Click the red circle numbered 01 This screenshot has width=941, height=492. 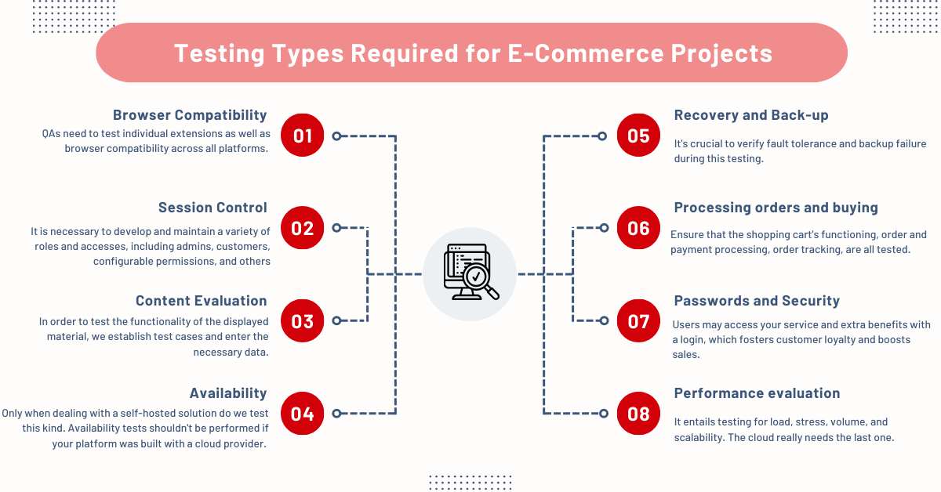pos(303,136)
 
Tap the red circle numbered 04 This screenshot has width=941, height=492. pos(303,414)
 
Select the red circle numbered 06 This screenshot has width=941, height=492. pos(638,228)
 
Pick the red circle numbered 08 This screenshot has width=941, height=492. pos(638,414)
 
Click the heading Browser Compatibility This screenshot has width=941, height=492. pos(190,115)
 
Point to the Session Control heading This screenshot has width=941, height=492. pos(213,208)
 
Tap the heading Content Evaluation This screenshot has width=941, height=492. pos(202,301)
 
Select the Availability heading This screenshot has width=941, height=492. pos(228,393)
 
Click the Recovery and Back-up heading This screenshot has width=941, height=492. pos(751,115)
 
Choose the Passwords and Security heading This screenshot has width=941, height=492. pos(757,301)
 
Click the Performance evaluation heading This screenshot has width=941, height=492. pos(757,393)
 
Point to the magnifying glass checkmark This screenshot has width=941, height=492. pos(477,277)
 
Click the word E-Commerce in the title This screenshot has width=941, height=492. pos(586,53)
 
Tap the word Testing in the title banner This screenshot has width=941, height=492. pos(220,54)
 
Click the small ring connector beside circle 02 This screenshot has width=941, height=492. pos(336,228)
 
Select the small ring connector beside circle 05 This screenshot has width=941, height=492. pos(602,136)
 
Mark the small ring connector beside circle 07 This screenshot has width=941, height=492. pos(604,320)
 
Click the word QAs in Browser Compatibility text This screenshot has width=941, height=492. pos(51,134)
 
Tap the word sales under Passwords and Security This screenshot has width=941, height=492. pos(685,355)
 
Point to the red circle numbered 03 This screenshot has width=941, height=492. pos(303,320)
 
